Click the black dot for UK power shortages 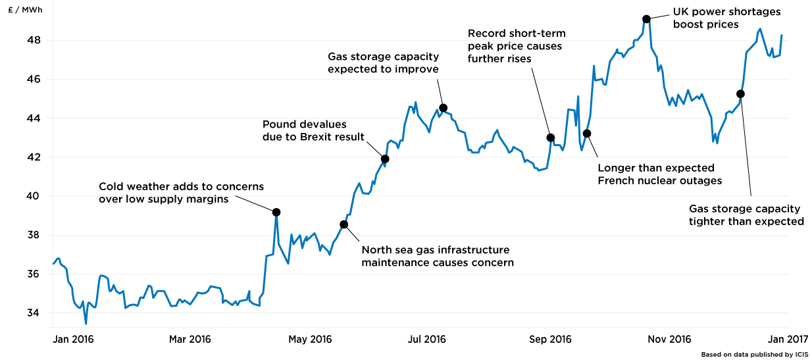click(646, 19)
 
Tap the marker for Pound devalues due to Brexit click(385, 159)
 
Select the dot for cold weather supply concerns click(276, 212)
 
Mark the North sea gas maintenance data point click(343, 224)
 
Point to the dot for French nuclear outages click(587, 134)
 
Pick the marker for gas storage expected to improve click(443, 108)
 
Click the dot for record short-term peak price click(551, 138)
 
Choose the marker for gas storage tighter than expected click(740, 93)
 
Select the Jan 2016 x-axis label click(72, 340)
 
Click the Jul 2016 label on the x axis click(427, 340)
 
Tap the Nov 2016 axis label click(671, 340)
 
